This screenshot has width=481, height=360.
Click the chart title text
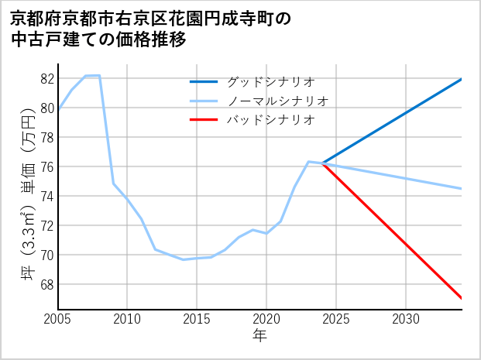tap(151, 29)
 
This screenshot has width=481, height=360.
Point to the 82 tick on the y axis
tap(46, 79)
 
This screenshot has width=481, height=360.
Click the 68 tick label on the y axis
tap(46, 285)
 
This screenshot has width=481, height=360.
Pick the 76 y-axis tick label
tap(46, 167)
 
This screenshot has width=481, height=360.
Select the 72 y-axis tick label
tap(46, 226)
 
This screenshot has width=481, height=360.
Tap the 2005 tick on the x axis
tap(58, 319)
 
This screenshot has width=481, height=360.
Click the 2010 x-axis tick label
tap(127, 319)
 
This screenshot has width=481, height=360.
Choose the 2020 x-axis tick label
tap(266, 319)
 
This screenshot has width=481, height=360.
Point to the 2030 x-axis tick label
tap(406, 319)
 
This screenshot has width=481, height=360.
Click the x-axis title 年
tap(259, 335)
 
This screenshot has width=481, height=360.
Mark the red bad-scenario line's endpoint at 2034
tap(462, 298)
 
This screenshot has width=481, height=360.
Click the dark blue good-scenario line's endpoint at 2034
tap(462, 79)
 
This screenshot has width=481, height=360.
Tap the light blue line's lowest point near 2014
tap(183, 259)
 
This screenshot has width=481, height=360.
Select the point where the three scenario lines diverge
tap(322, 163)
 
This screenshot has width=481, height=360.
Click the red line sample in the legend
tap(204, 120)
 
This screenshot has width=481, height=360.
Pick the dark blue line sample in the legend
tap(204, 81)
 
